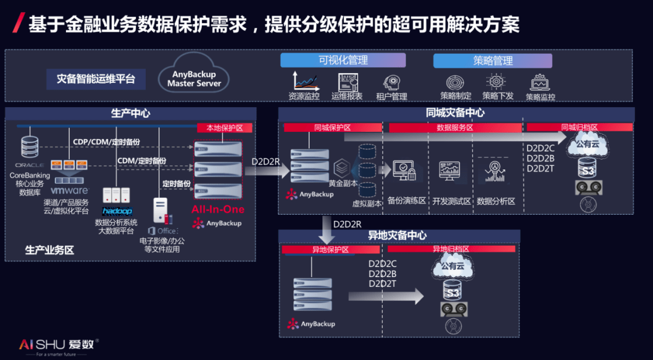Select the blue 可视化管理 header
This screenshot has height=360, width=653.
click(x=343, y=61)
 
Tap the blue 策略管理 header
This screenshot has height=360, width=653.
click(x=493, y=61)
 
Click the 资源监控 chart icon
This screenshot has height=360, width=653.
click(x=305, y=81)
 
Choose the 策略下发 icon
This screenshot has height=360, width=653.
click(x=497, y=82)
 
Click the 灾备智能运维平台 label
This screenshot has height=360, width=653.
click(x=96, y=79)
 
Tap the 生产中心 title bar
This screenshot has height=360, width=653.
click(x=131, y=113)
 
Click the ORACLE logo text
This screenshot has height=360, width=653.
click(x=30, y=165)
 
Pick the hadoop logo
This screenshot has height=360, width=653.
click(x=117, y=211)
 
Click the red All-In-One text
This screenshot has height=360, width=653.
click(x=218, y=209)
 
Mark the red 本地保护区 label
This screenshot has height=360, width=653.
click(x=224, y=128)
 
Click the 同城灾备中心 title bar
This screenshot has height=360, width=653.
click(x=455, y=113)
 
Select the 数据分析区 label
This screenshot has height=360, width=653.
click(x=496, y=201)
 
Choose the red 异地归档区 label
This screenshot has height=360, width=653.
click(x=451, y=249)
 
